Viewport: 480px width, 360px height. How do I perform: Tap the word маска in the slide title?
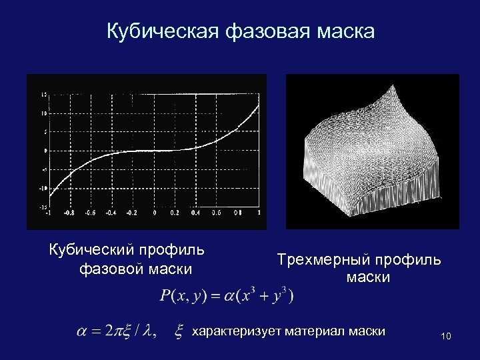[x=345, y=31]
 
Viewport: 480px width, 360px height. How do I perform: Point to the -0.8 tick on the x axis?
[x=69, y=213]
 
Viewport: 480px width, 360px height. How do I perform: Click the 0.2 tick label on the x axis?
[x=174, y=213]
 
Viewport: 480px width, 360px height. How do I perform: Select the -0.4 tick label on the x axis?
[x=111, y=213]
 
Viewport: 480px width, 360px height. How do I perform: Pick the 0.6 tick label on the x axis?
[x=216, y=213]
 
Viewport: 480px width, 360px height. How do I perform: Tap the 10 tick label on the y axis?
[x=43, y=113]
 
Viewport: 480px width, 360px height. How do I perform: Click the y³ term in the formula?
[x=281, y=295]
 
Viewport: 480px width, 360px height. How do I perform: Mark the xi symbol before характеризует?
[x=179, y=331]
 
